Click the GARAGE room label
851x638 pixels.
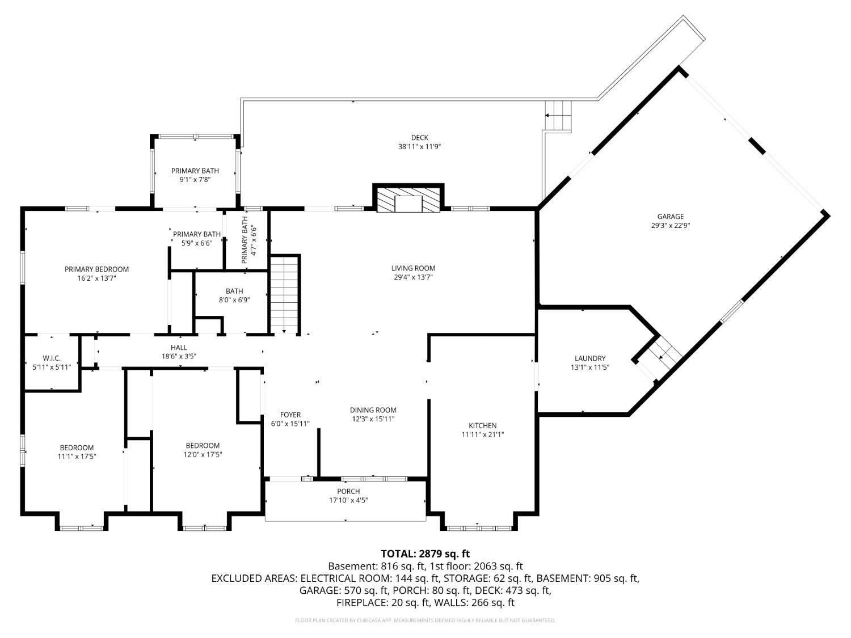(671, 217)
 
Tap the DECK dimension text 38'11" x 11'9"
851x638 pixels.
(419, 147)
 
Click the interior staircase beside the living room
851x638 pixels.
(285, 294)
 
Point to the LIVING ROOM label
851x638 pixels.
(413, 268)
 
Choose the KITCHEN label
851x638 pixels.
(483, 425)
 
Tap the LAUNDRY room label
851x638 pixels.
(590, 358)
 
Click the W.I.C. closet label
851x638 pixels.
(52, 358)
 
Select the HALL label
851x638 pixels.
(179, 348)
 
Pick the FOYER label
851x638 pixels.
(290, 415)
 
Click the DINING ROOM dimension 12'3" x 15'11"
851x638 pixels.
(373, 419)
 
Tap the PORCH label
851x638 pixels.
(348, 491)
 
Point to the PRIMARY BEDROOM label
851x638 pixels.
(96, 269)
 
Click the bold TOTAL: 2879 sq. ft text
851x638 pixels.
(425, 554)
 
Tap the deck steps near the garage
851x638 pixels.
(558, 116)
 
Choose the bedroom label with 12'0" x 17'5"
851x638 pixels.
(203, 446)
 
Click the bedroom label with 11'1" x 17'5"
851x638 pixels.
(77, 447)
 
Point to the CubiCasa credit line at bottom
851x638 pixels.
(425, 620)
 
